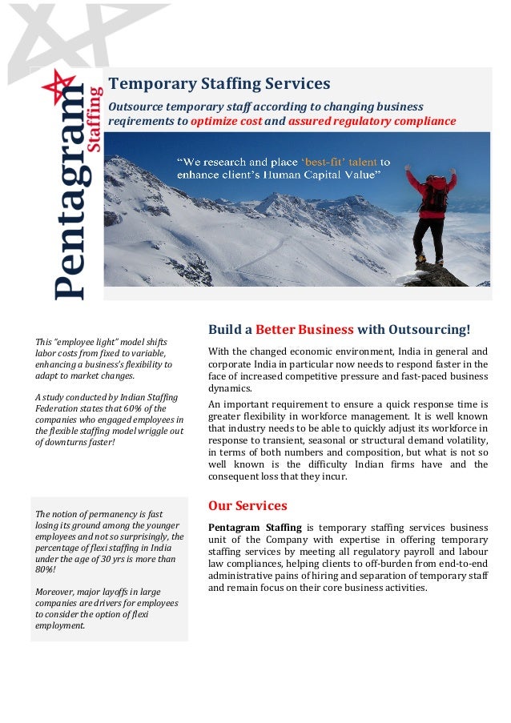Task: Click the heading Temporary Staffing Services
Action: point(219,84)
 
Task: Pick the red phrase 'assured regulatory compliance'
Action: point(372,122)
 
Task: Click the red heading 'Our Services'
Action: point(247,505)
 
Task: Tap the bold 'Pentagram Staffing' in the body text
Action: point(255,527)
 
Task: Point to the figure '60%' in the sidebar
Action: point(131,408)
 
